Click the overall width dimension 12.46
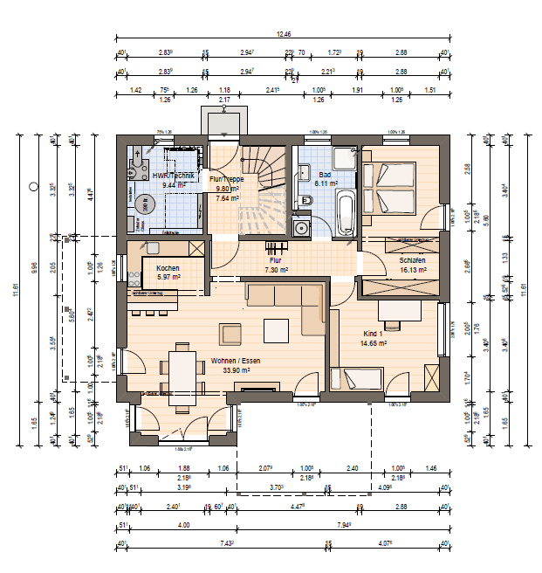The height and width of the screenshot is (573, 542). point(284,34)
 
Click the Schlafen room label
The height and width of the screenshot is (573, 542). point(412,260)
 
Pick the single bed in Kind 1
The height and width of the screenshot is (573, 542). point(360,379)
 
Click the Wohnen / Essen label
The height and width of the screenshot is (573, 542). point(235,360)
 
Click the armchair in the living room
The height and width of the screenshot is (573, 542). point(231,334)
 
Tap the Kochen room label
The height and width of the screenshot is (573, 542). point(168,267)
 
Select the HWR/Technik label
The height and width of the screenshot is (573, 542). point(173,176)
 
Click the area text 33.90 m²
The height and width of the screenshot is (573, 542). point(235,370)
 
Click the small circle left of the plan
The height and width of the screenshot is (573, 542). point(33,186)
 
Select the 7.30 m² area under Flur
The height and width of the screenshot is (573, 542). point(276,270)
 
